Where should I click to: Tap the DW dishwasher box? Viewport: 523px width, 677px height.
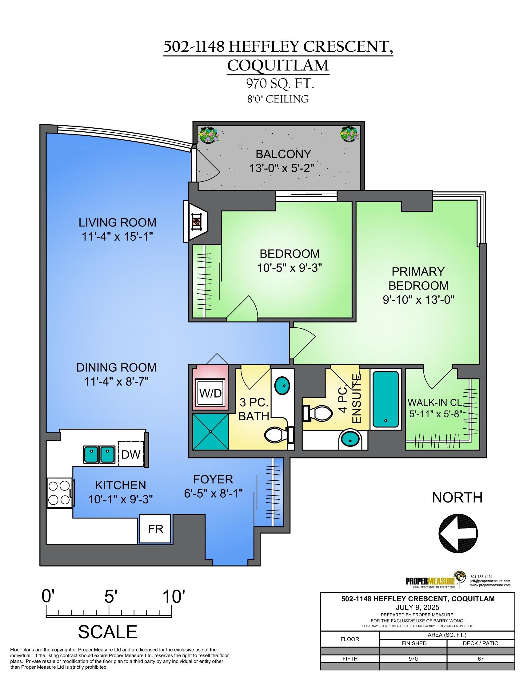pos(131,455)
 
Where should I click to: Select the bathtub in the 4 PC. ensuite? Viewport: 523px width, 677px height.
pos(385,399)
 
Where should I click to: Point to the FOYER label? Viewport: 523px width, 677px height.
pos(213,479)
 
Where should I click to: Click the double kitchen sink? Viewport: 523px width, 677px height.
pos(99,455)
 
